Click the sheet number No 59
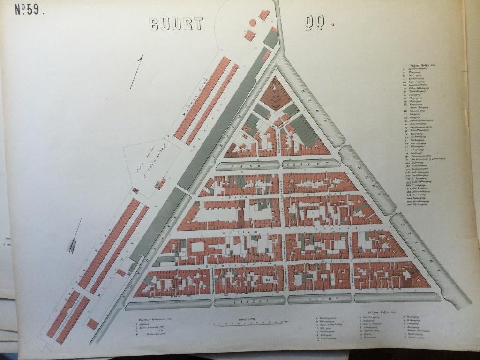(x=30, y=10)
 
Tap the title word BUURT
(x=176, y=24)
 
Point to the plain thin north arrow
(x=136, y=72)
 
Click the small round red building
(x=252, y=22)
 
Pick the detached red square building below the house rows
(x=93, y=324)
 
